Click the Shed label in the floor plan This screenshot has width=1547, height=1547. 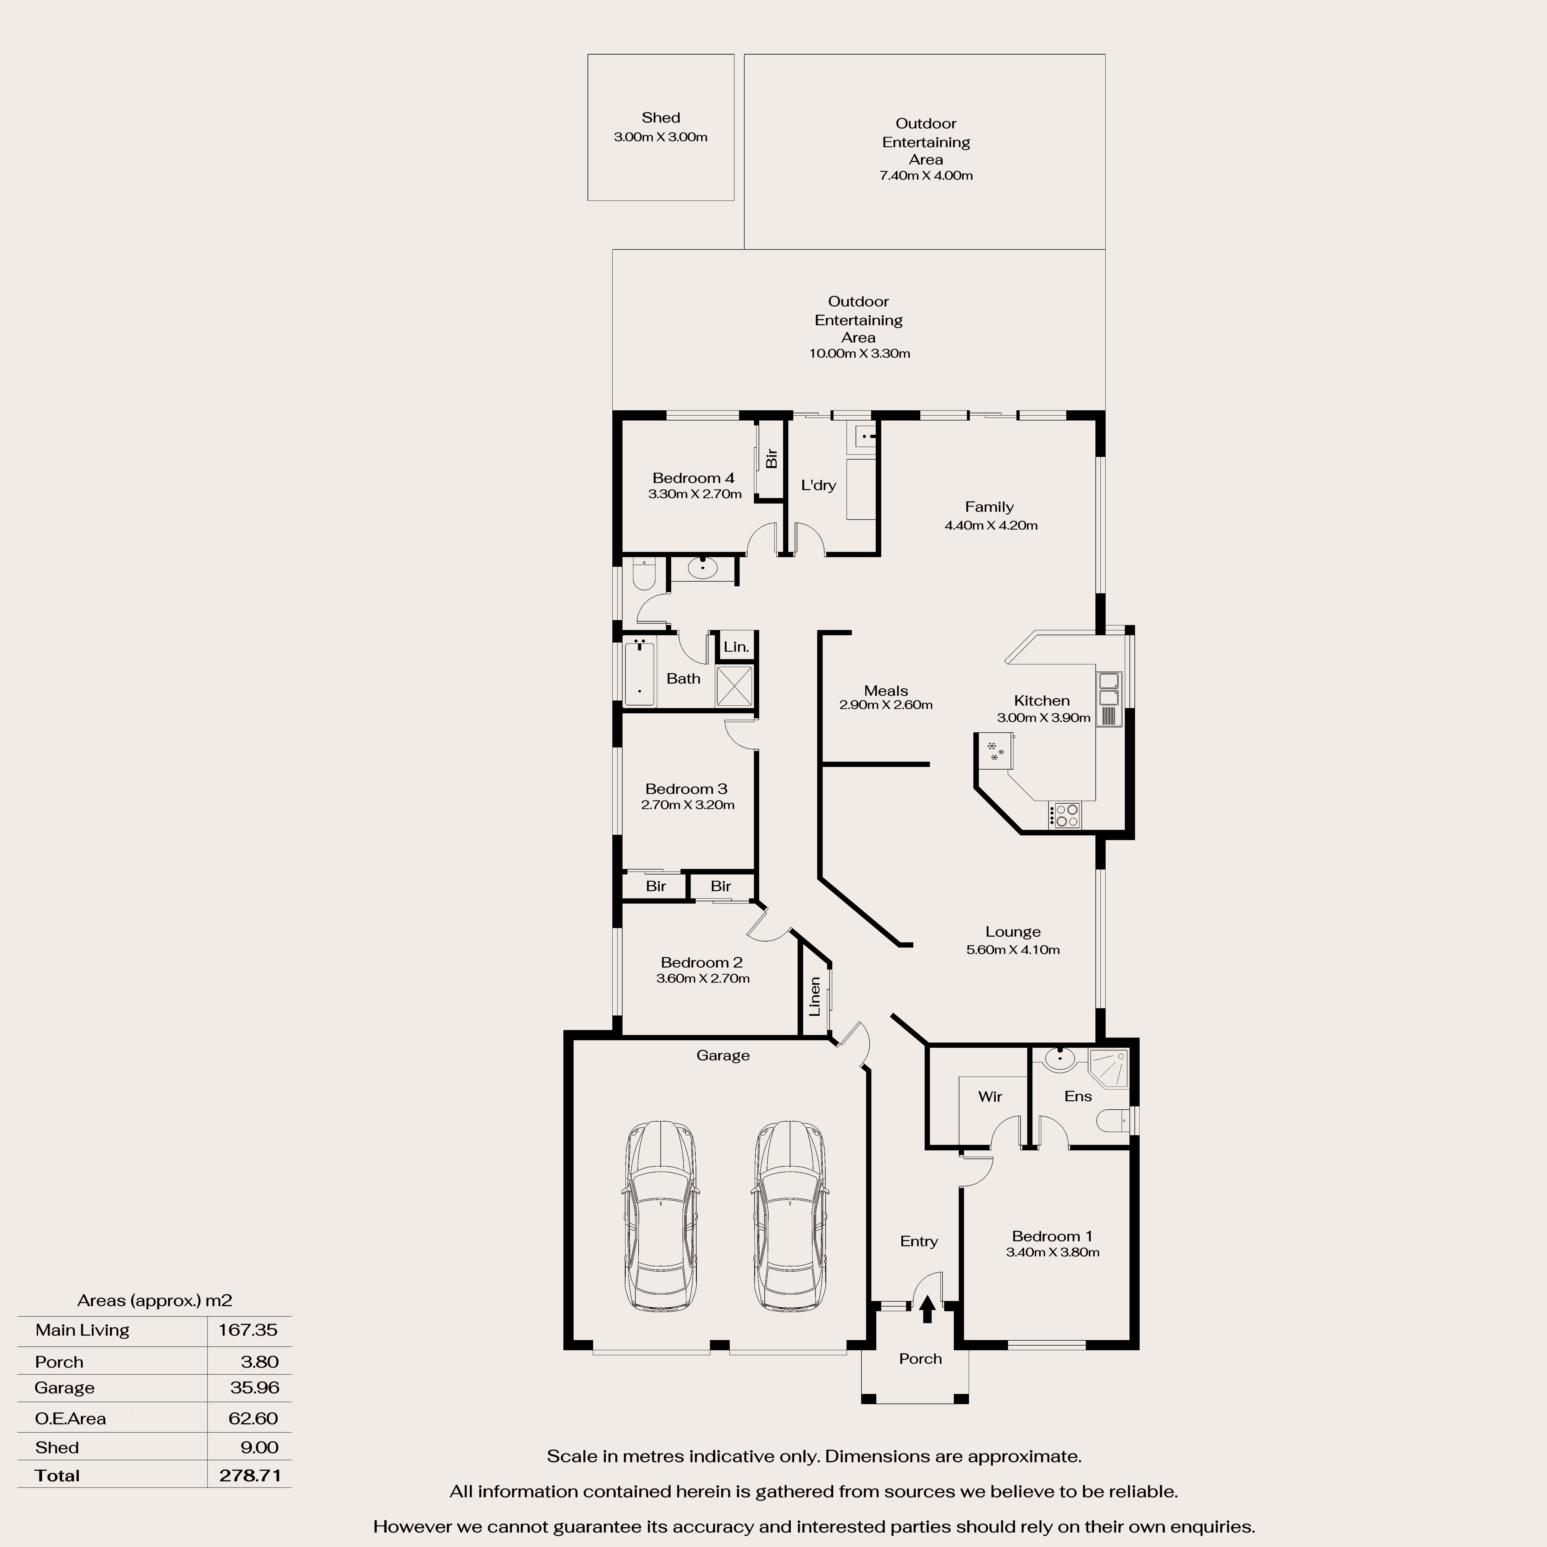tap(661, 118)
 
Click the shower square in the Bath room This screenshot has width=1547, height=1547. tap(734, 686)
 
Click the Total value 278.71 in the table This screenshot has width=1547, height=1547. tap(250, 1476)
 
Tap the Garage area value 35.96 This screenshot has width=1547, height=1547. tap(255, 1388)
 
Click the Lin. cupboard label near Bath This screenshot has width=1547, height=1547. tap(736, 647)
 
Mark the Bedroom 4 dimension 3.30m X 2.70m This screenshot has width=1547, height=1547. tap(694, 494)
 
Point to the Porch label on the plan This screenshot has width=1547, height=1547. tap(920, 1359)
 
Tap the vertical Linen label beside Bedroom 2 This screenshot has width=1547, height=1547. tap(814, 996)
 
